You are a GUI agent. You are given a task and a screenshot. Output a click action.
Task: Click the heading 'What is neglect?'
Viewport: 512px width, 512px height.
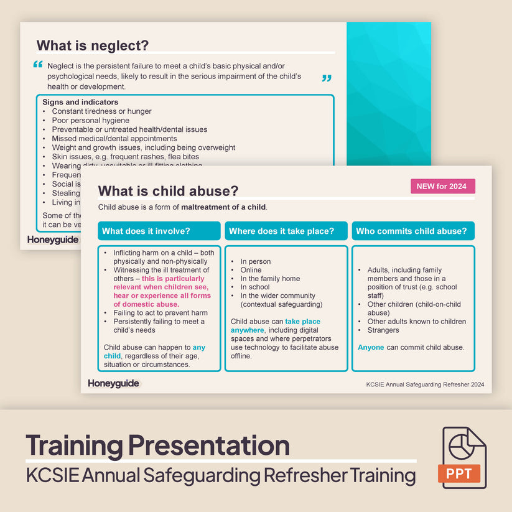(93, 45)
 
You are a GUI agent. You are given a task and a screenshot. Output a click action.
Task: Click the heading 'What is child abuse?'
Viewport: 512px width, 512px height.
(168, 192)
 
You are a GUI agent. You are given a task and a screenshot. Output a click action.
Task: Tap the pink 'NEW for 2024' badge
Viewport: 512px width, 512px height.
(442, 186)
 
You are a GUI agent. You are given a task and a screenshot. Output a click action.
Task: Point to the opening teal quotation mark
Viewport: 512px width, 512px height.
(38, 64)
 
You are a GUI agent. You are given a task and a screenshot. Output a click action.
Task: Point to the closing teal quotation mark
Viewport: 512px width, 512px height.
(327, 78)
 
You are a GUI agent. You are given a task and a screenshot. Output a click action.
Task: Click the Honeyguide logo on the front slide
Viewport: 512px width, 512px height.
(114, 383)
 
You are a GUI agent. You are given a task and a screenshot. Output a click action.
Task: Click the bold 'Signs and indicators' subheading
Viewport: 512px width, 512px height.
(80, 102)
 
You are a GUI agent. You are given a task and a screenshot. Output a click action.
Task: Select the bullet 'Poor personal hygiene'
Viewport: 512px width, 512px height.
(90, 121)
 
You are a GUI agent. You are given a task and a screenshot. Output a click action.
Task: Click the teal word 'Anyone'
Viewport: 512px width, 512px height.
(371, 347)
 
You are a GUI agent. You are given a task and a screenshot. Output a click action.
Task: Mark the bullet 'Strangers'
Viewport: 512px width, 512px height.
(383, 330)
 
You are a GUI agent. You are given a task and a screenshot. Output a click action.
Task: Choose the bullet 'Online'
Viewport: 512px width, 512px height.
(251, 270)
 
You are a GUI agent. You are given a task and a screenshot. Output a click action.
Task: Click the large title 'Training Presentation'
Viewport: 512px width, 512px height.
(157, 445)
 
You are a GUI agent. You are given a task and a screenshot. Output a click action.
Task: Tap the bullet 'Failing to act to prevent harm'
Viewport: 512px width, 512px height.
(160, 313)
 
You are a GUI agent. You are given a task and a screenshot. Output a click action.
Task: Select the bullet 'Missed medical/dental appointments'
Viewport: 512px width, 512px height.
(114, 139)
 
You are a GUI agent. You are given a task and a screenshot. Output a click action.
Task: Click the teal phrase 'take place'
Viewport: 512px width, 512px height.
(303, 322)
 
